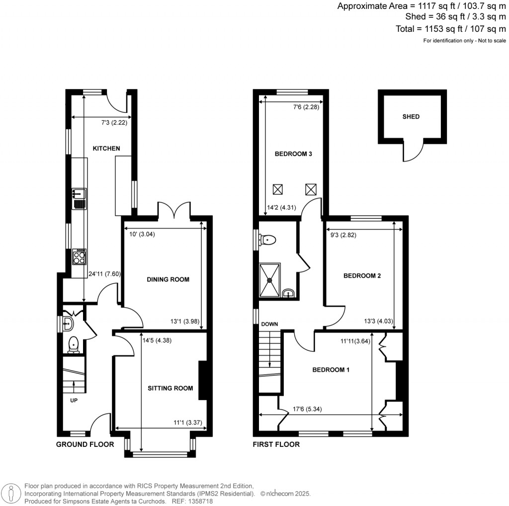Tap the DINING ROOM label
(168, 279)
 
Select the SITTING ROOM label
(170, 388)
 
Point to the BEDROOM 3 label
(293, 154)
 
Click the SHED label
(411, 117)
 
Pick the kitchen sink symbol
(79, 198)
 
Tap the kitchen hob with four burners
(79, 257)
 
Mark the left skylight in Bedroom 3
(278, 189)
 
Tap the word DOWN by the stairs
(269, 324)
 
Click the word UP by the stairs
(73, 400)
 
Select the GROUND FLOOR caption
(85, 444)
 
